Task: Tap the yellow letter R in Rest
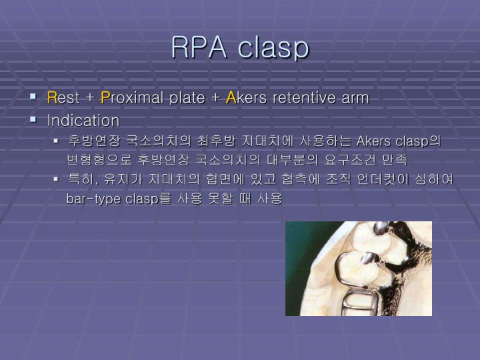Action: point(51,98)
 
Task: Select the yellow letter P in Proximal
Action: point(105,98)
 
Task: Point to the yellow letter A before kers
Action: point(231,98)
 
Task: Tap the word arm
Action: point(354,98)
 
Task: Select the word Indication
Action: point(83,121)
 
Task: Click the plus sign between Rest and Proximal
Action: point(91,99)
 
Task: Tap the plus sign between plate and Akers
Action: point(215,99)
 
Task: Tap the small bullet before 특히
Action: point(57,179)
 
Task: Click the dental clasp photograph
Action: point(358,268)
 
